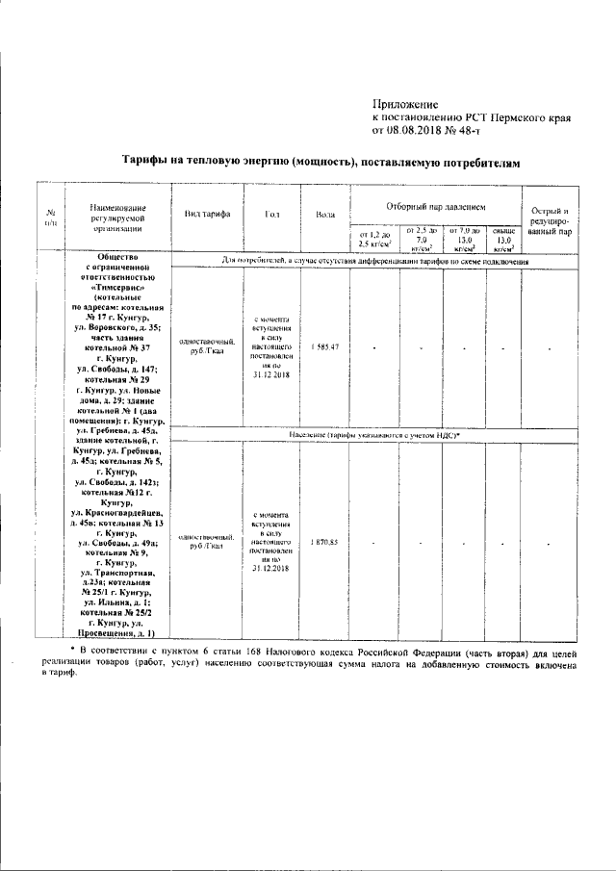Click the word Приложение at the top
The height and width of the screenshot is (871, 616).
[x=404, y=104]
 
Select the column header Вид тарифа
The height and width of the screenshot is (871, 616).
[x=206, y=213]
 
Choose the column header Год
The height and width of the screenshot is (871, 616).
[x=270, y=213]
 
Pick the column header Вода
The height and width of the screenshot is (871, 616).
[x=324, y=213]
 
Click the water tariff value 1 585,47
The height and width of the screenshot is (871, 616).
[x=324, y=346]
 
